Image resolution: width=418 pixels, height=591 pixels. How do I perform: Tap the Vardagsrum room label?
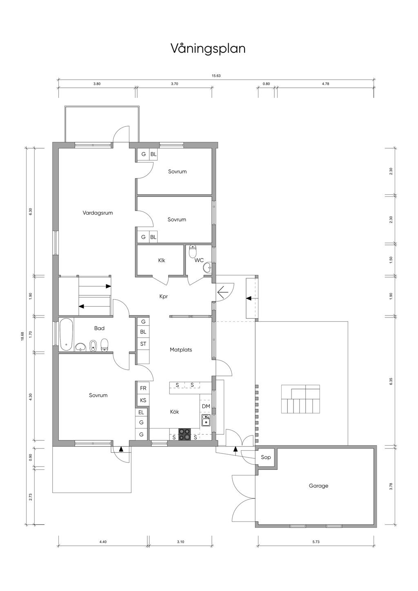[x=98, y=213]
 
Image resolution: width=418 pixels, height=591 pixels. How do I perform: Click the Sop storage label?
[x=266, y=457]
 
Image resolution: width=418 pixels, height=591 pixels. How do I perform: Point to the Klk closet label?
[x=162, y=260]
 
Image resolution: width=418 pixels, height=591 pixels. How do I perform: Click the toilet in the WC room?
[x=193, y=251]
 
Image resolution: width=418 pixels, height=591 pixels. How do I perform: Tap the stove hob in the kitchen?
[x=185, y=434]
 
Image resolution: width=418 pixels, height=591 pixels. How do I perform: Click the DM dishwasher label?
[x=206, y=407]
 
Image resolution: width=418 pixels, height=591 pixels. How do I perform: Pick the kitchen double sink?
[x=206, y=420]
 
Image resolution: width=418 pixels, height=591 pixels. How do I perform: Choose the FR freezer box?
[x=143, y=389]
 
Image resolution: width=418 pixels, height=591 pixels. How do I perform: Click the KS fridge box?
[x=143, y=400]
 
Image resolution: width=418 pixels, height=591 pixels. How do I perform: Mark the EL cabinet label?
[x=141, y=412]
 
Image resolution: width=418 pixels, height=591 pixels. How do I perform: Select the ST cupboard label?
[x=143, y=344]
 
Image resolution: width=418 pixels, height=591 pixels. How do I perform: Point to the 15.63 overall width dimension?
[x=216, y=76]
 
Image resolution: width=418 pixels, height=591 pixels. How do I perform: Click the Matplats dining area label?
[x=181, y=350]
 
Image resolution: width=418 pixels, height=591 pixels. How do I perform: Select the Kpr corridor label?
[x=164, y=297]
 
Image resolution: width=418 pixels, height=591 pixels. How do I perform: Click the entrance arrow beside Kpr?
[x=223, y=292]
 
